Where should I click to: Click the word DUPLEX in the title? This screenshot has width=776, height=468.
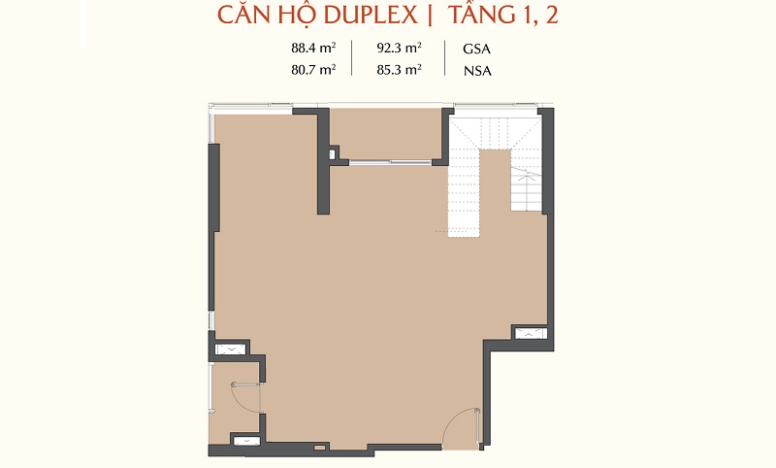371,15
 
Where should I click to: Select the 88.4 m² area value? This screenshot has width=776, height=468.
313,48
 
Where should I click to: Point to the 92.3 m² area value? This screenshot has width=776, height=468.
399,48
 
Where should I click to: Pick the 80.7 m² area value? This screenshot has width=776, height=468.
313,69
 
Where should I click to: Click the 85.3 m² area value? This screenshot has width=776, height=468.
399,69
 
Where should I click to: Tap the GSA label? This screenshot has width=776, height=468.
476,49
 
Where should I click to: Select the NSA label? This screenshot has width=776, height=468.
477,71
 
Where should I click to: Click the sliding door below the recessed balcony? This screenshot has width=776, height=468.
391,161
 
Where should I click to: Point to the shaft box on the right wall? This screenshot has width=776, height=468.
531,333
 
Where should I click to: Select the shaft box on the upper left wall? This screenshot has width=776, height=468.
230,350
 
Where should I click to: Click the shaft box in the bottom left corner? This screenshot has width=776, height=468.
246,441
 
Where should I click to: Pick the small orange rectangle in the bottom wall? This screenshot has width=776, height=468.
320,448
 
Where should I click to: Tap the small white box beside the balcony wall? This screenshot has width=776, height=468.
332,154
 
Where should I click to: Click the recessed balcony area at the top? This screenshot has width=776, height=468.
384,133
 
